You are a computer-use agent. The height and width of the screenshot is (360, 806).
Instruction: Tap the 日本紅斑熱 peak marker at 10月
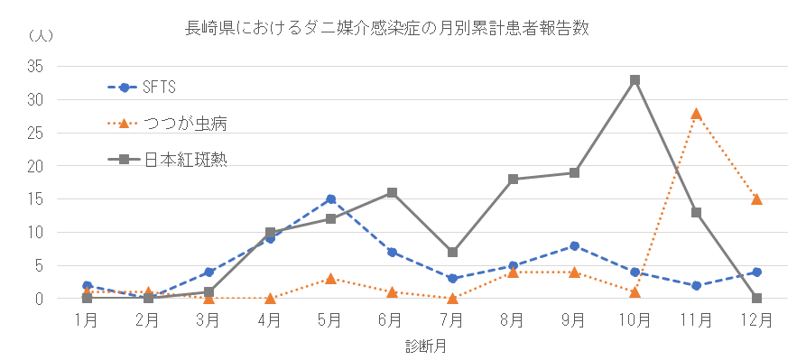click(635, 80)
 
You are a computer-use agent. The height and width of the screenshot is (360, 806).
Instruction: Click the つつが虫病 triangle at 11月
click(696, 114)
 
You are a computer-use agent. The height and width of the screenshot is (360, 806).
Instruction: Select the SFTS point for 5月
click(330, 199)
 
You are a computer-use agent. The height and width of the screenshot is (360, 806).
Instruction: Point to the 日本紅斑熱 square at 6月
click(392, 192)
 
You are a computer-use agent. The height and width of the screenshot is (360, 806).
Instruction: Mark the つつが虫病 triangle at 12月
click(756, 199)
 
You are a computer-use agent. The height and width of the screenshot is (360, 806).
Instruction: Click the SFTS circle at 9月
click(574, 245)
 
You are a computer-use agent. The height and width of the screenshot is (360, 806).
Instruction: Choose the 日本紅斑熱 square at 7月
click(452, 253)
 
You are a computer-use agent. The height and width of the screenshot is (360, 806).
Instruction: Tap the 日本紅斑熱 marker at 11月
click(696, 213)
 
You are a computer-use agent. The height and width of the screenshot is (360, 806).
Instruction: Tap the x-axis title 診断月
click(422, 346)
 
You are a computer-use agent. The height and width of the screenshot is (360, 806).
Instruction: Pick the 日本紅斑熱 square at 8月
click(513, 180)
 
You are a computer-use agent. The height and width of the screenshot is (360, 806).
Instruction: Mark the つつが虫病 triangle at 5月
click(330, 279)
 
